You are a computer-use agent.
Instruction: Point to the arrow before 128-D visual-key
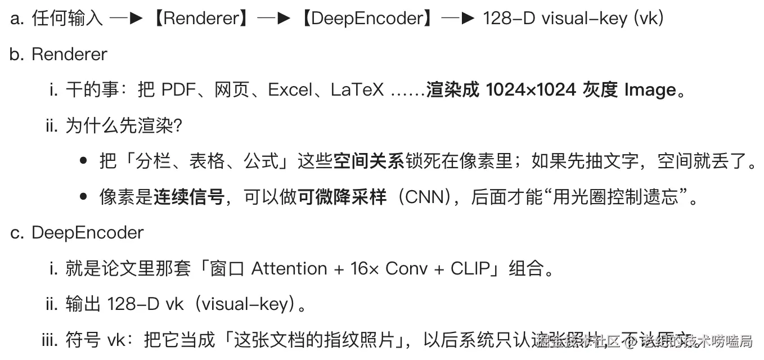(459, 19)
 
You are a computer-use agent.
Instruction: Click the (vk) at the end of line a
(649, 19)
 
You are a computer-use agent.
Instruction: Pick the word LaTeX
(357, 90)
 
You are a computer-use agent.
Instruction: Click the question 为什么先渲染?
(123, 125)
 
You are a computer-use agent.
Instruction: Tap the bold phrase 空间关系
(368, 161)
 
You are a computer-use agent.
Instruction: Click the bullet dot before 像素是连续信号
(84, 197)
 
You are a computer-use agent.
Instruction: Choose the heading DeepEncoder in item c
(87, 233)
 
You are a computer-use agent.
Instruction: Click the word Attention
(289, 268)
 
